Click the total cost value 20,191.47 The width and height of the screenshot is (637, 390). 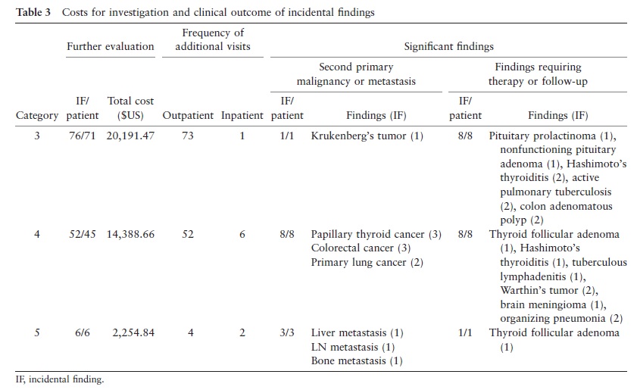click(130, 136)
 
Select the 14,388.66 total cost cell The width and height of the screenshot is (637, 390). click(130, 235)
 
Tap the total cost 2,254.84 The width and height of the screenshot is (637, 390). click(133, 332)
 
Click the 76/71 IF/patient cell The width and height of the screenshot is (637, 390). click(82, 136)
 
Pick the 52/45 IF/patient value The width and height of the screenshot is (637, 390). click(83, 235)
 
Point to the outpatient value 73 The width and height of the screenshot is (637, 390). click(188, 136)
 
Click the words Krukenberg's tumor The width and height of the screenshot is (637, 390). click(359, 136)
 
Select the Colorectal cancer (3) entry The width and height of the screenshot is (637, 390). click(361, 248)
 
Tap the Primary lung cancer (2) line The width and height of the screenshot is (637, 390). click(367, 263)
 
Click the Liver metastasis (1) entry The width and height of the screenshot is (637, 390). click(357, 333)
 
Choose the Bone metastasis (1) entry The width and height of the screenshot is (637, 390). click(357, 360)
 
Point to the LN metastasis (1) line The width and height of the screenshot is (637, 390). click(353, 347)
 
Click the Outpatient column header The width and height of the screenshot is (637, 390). click(188, 116)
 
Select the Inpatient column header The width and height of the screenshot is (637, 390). click(242, 116)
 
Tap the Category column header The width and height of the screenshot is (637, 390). click(37, 116)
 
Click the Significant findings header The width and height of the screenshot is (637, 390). click(448, 47)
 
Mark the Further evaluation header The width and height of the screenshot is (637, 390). click(111, 46)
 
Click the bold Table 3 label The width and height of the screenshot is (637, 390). click(33, 12)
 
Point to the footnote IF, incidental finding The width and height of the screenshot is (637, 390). click(60, 379)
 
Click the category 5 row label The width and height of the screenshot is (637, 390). click(37, 332)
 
